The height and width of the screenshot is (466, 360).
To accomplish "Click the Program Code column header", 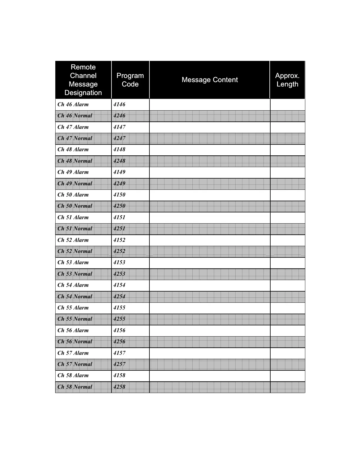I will pyautogui.click(x=130, y=80).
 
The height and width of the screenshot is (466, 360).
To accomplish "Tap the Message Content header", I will pyautogui.click(x=210, y=80).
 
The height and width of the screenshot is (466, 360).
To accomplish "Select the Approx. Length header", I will pyautogui.click(x=287, y=80).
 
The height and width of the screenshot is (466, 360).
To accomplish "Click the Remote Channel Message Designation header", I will pyautogui.click(x=83, y=80).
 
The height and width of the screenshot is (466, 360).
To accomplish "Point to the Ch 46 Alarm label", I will pyautogui.click(x=73, y=104).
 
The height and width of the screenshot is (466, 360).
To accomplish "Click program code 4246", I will pyautogui.click(x=119, y=116).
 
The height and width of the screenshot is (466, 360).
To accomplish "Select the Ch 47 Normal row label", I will pyautogui.click(x=75, y=138).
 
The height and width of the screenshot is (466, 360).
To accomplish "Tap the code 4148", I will pyautogui.click(x=119, y=149).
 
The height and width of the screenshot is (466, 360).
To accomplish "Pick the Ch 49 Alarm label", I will pyautogui.click(x=73, y=172).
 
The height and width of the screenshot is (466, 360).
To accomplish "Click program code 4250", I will pyautogui.click(x=119, y=206).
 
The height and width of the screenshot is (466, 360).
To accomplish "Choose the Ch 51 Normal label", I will pyautogui.click(x=75, y=229).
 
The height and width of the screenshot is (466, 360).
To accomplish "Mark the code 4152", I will pyautogui.click(x=119, y=240).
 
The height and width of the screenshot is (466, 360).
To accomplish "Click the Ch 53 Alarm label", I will pyautogui.click(x=73, y=262).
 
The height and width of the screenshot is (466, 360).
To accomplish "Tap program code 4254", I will pyautogui.click(x=119, y=297).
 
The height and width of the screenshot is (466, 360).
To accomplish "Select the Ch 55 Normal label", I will pyautogui.click(x=75, y=319).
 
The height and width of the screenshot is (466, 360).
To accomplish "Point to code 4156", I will pyautogui.click(x=119, y=330).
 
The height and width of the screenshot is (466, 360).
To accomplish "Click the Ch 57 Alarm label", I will pyautogui.click(x=73, y=353).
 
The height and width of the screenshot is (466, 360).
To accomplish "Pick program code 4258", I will pyautogui.click(x=119, y=387).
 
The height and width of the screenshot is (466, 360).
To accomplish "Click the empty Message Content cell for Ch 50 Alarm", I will pyautogui.click(x=210, y=195).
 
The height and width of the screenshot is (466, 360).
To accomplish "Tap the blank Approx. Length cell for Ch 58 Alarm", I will pyautogui.click(x=287, y=376).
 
